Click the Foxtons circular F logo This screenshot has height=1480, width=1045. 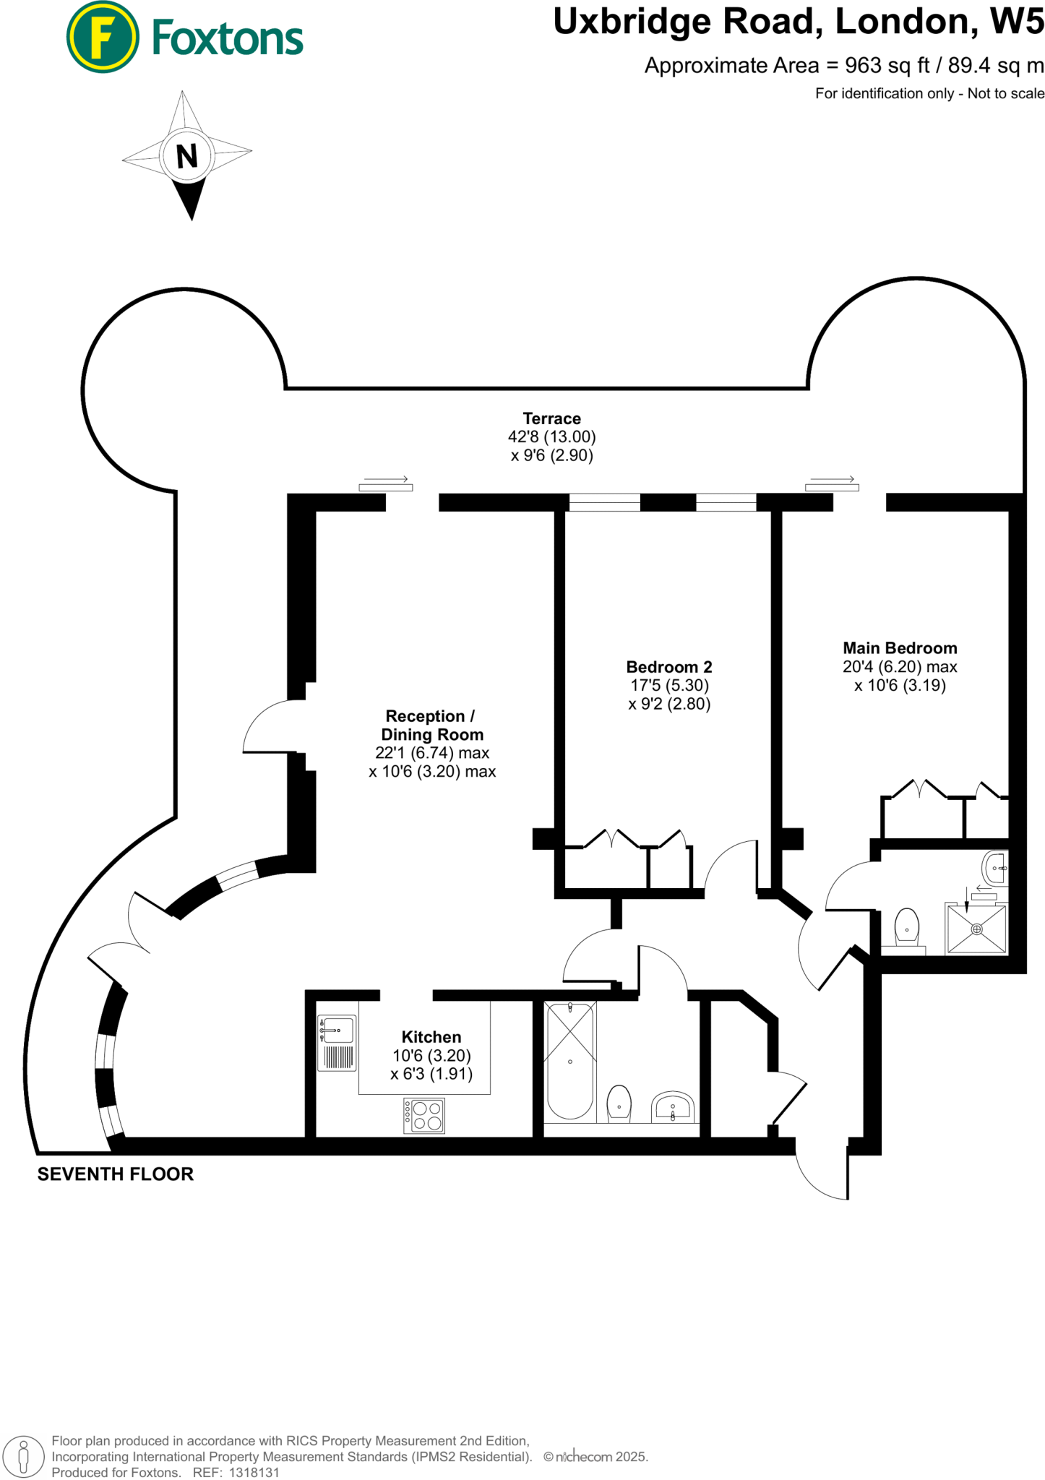click(102, 37)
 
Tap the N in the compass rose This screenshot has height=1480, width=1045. click(186, 156)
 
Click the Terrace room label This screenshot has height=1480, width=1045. click(551, 418)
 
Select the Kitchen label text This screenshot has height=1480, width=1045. click(431, 1037)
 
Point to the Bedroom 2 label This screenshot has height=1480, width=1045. click(668, 667)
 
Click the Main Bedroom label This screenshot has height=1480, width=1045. click(900, 648)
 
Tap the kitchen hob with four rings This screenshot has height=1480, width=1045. click(424, 1116)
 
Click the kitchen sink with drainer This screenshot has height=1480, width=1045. click(337, 1043)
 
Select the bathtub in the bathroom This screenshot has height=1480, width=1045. click(570, 1061)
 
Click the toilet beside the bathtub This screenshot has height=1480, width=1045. click(619, 1103)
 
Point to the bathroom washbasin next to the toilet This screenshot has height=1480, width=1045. click(673, 1106)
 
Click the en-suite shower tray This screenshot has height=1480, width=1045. click(976, 929)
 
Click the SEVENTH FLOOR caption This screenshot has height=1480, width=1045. click(116, 1174)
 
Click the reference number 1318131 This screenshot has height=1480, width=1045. click(254, 1472)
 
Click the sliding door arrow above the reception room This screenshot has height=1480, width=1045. click(386, 480)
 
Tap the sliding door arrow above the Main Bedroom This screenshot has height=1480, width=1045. click(833, 480)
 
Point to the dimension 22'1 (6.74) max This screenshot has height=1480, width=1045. click(431, 753)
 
